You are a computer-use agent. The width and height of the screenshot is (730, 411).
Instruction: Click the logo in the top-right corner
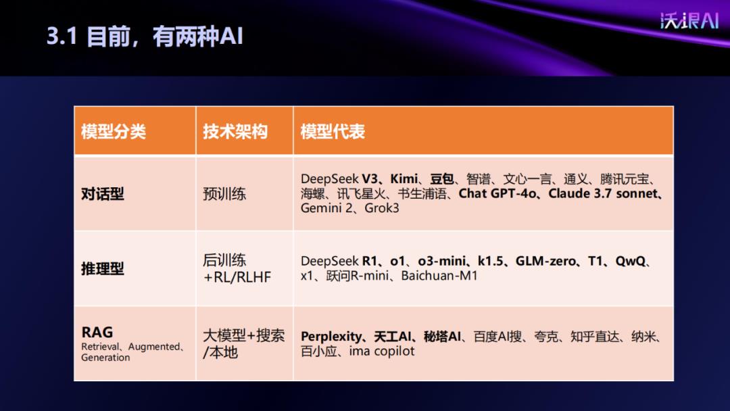[x=689, y=20]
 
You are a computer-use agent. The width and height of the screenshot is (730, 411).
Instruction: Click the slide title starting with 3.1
[x=145, y=37]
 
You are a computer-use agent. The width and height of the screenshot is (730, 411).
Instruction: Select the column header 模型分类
[x=114, y=132]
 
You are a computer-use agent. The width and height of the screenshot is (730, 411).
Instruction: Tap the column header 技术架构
[x=235, y=132]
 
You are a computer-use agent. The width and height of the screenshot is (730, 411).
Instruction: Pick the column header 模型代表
[x=333, y=132]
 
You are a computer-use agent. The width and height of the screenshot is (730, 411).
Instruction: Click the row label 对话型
[x=103, y=193]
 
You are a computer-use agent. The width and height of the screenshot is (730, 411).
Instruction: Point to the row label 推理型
[x=103, y=268]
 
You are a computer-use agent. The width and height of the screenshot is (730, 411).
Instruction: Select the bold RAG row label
[x=97, y=333]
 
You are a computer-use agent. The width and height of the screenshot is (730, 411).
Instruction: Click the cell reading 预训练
[x=224, y=193]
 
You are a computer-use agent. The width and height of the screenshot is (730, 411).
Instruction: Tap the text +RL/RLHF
[x=237, y=277]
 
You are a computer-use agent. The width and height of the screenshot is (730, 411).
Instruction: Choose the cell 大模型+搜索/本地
[x=243, y=343]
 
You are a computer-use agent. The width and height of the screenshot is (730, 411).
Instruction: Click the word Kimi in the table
[x=404, y=178]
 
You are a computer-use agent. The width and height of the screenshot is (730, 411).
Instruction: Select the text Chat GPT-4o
[x=497, y=193]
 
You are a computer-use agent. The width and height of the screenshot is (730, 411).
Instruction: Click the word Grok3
[x=382, y=208]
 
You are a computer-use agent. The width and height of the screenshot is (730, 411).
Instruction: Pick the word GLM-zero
[x=545, y=261]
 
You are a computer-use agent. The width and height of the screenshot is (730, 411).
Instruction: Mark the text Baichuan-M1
[x=439, y=276]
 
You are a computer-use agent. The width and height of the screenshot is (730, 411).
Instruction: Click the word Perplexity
[x=331, y=337]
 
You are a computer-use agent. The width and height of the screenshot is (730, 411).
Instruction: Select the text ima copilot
[x=382, y=351]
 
